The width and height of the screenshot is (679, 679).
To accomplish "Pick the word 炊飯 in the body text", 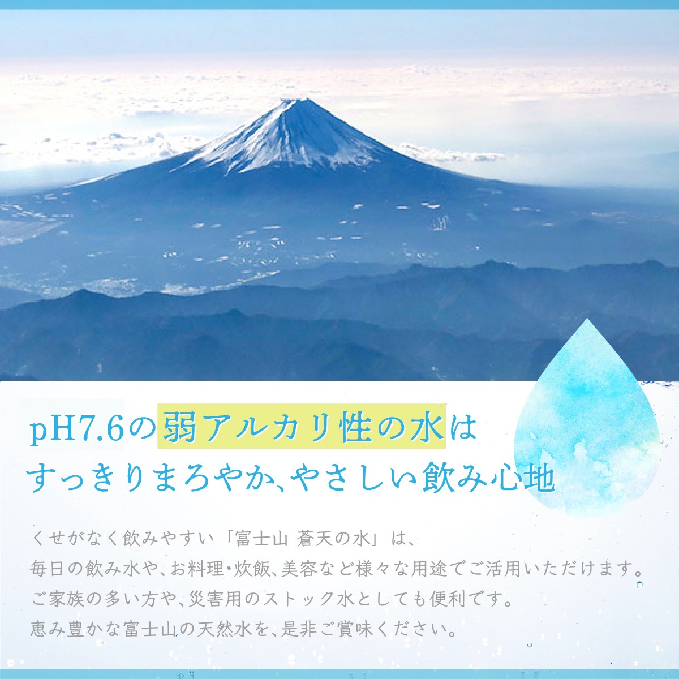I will click(x=247, y=568).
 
